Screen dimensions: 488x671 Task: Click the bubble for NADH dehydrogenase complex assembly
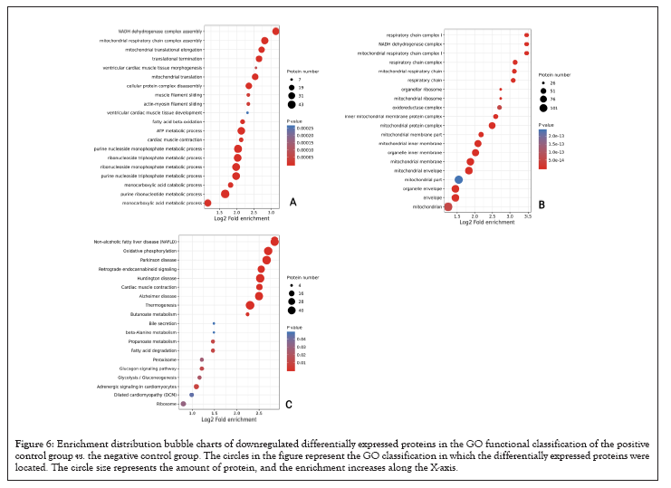[275, 32]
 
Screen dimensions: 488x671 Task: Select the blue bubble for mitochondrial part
[458, 180]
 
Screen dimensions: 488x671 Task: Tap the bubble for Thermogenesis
[250, 305]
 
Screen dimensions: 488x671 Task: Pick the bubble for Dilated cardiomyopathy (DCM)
[192, 395]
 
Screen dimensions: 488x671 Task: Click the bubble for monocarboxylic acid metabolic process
[207, 203]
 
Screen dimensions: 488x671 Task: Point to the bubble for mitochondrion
[447, 207]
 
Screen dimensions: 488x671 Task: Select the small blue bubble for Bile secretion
[214, 323]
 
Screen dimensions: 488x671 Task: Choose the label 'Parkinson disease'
[159, 260]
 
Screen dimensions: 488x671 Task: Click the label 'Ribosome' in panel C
[168, 404]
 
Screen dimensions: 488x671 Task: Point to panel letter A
[292, 202]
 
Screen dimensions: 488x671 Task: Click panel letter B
[542, 206]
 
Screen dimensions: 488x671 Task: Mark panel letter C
[288, 404]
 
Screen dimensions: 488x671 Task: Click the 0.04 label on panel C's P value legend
[302, 339]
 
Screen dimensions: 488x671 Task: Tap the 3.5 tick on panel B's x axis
[527, 216]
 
